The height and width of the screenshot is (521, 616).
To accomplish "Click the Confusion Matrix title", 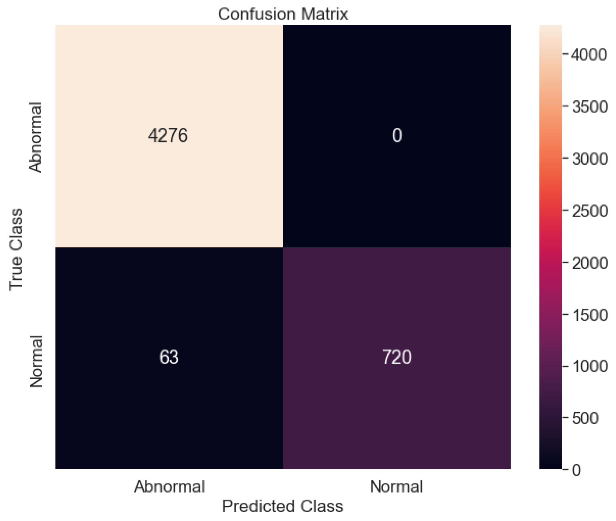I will click(283, 14).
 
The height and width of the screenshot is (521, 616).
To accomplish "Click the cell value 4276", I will click(168, 136).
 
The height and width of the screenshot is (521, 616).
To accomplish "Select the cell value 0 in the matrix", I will click(397, 136).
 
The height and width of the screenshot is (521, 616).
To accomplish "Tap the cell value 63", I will click(169, 357).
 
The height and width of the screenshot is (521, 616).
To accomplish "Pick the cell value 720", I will click(397, 357).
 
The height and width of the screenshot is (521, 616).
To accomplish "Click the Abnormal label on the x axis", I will click(169, 487).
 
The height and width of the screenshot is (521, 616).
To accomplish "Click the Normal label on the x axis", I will click(396, 487).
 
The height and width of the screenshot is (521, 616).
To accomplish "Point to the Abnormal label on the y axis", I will click(35, 137).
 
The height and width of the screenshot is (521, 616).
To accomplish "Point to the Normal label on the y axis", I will click(36, 361).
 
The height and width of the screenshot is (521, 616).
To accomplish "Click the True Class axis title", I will click(16, 250).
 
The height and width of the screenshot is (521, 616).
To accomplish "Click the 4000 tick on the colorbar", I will click(589, 55).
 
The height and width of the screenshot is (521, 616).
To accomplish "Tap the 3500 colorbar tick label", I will click(589, 107).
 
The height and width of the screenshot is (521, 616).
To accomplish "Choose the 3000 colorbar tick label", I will click(589, 159).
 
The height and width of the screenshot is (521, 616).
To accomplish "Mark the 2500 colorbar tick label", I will click(589, 211).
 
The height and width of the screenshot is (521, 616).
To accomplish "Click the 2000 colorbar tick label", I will click(589, 263).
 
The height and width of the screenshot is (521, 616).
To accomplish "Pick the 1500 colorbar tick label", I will click(589, 314).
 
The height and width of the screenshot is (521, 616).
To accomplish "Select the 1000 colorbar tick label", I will click(589, 366).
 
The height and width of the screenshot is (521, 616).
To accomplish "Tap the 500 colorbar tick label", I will click(585, 418).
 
